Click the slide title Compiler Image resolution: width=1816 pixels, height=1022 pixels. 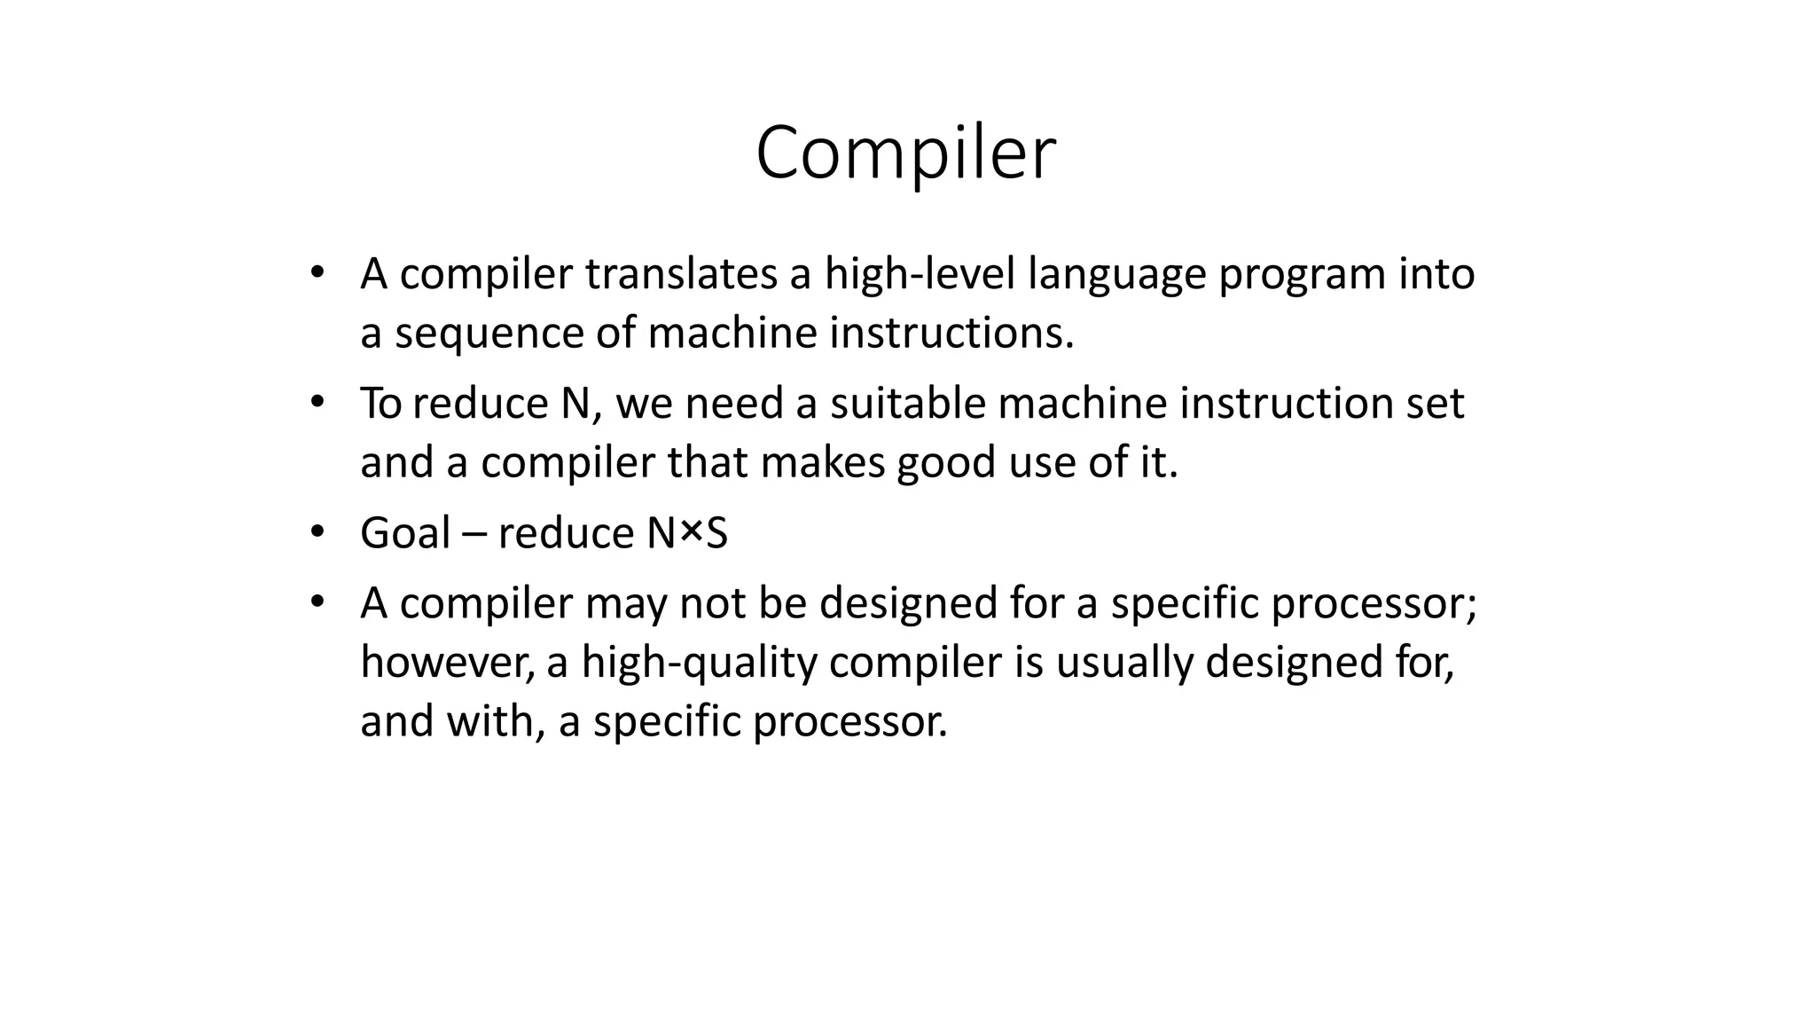pos(905,153)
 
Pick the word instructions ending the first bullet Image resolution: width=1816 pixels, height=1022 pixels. pos(951,334)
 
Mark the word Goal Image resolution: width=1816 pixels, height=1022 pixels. pos(405,533)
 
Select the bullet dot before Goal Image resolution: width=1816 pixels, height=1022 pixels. pos(317,531)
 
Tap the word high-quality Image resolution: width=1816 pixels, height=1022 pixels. pos(699,664)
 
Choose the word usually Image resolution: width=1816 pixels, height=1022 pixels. pos(1124,664)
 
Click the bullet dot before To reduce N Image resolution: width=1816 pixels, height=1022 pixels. pos(317,402)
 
